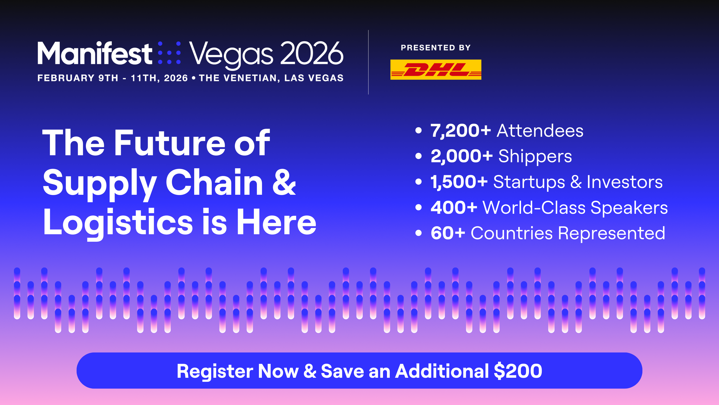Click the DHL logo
(436, 69)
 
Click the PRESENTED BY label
(436, 48)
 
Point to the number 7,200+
(461, 131)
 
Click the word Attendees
(540, 131)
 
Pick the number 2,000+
(462, 156)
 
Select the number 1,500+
(459, 182)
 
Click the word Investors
(625, 182)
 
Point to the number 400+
(454, 208)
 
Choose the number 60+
(448, 233)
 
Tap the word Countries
(512, 233)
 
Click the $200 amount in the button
(518, 371)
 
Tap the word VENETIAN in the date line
(251, 78)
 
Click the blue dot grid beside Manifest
(169, 53)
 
